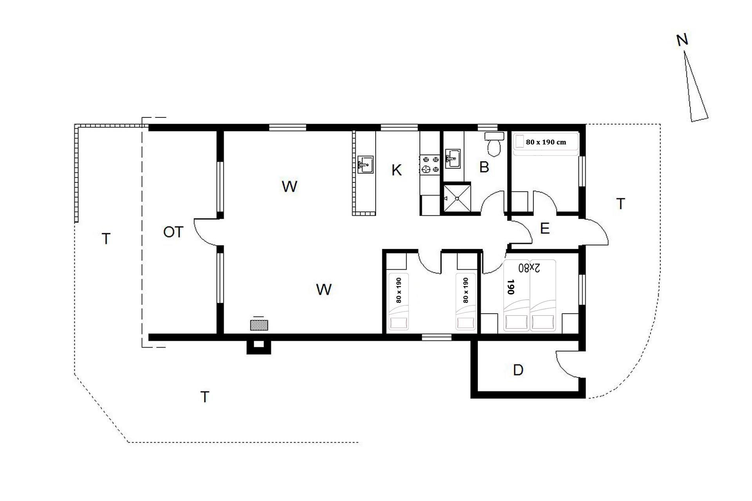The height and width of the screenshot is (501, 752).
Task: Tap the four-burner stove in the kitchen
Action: coord(430,164)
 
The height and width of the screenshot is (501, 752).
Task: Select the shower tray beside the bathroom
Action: coord(457,198)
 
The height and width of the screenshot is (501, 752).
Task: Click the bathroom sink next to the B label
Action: coord(453,158)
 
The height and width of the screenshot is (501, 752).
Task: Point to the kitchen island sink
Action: coord(365,164)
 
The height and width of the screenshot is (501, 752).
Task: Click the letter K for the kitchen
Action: coord(396,170)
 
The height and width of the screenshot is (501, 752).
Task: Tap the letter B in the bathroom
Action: coord(484,167)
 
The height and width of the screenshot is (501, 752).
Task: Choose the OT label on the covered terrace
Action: coord(173,232)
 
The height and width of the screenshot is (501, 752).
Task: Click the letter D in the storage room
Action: coord(518,370)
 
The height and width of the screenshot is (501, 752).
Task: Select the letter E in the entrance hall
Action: coord(545,228)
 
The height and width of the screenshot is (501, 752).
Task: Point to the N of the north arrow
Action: coord(682,40)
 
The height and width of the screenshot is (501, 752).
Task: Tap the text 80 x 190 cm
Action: coord(546,142)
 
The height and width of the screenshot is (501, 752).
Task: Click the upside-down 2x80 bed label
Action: coord(529,268)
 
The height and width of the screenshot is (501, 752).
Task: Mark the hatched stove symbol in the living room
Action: coord(259,325)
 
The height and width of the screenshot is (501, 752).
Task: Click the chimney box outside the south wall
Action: coord(258,347)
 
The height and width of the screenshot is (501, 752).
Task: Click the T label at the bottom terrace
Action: coord(205,397)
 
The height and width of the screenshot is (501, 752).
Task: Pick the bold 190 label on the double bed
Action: coord(510,287)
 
